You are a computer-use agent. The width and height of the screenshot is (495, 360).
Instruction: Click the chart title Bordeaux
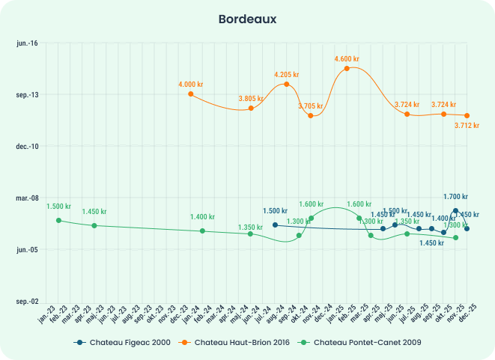(x=247, y=18)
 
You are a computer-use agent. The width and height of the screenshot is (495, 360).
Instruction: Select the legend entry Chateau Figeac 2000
(x=122, y=342)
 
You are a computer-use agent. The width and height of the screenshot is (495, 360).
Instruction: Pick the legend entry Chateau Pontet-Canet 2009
(x=362, y=342)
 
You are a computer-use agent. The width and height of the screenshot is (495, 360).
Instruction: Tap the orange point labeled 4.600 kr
(x=347, y=68)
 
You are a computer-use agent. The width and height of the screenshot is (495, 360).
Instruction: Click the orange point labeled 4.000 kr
(x=190, y=94)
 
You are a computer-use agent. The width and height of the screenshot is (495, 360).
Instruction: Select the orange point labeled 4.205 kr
(x=286, y=84)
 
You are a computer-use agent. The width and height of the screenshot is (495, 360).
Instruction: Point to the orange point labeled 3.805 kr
(x=251, y=109)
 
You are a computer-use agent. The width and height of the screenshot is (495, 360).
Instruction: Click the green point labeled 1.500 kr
(x=58, y=220)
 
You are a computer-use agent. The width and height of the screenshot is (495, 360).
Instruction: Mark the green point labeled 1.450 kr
(x=94, y=225)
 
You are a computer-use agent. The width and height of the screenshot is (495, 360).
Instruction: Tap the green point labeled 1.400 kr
(x=202, y=231)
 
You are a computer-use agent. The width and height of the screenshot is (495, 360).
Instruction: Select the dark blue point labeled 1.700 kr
(x=455, y=210)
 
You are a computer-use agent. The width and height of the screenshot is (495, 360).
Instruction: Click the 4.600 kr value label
(x=347, y=58)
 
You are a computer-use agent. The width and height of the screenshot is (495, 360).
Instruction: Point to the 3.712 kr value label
(x=467, y=125)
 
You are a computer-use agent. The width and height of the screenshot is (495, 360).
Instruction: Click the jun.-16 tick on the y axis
(x=27, y=43)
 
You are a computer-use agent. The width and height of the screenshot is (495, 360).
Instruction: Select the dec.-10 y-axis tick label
(x=27, y=146)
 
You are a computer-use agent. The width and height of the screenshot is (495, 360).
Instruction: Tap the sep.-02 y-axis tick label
(x=27, y=301)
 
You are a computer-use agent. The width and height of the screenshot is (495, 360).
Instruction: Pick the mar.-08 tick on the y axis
(x=27, y=198)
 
